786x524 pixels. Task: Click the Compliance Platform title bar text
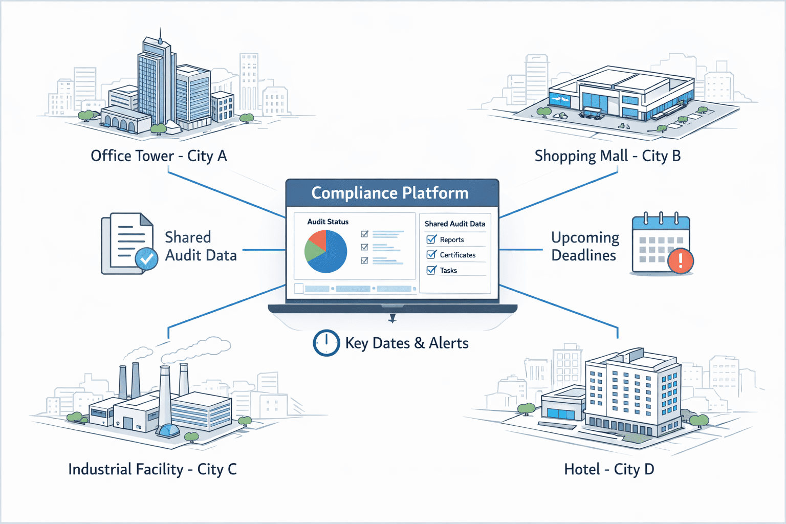390,193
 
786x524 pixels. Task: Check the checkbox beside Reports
431,239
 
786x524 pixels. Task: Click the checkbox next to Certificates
431,255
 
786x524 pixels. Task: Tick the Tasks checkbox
431,270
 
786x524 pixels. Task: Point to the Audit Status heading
327,222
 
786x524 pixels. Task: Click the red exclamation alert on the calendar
680,260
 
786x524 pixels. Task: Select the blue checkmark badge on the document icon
146,259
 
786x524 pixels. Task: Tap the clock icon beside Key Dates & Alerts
326,343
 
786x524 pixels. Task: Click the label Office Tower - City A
159,156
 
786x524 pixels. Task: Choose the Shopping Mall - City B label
607,156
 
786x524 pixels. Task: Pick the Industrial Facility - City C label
152,469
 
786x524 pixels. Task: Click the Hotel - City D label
609,469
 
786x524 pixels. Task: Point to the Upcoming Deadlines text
584,246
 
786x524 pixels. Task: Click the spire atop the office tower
160,36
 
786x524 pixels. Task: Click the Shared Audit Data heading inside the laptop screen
455,224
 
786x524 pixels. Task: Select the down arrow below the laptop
392,319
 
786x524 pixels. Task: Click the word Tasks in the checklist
448,271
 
